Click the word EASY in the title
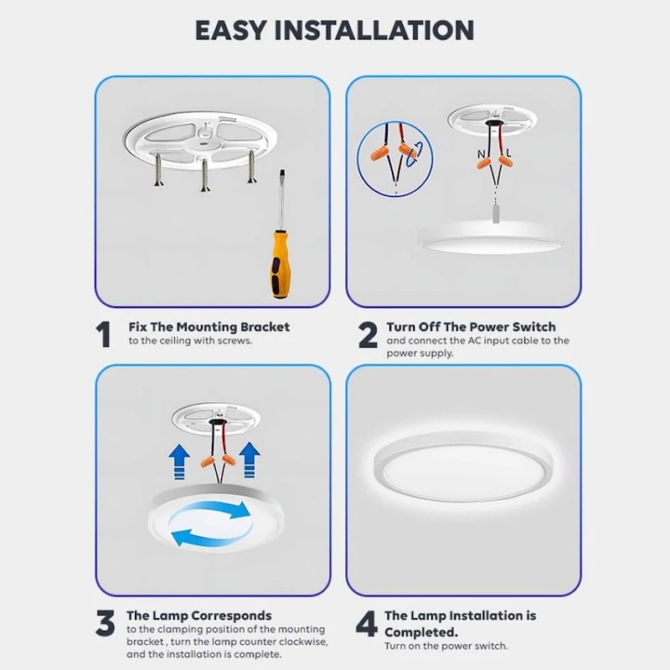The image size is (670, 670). (x=231, y=30)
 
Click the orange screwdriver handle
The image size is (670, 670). (x=280, y=264)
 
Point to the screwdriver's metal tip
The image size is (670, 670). (x=281, y=173)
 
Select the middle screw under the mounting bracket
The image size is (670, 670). (x=204, y=175)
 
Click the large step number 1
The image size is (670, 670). (x=103, y=334)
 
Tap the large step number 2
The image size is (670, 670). (x=368, y=334)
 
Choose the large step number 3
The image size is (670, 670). (x=106, y=623)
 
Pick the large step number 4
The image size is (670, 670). (x=367, y=623)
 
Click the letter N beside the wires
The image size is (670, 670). (x=482, y=154)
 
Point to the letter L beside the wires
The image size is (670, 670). (x=508, y=152)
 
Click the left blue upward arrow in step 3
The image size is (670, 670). (x=179, y=461)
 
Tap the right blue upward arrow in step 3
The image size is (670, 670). (x=250, y=460)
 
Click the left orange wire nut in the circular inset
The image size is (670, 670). (x=380, y=152)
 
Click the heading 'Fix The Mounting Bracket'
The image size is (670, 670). (x=209, y=327)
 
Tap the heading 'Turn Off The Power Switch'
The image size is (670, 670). (x=472, y=327)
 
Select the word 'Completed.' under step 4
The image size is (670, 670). (x=421, y=632)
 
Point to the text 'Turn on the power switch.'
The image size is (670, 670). (x=446, y=646)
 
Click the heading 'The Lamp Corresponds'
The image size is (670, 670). (x=199, y=616)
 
